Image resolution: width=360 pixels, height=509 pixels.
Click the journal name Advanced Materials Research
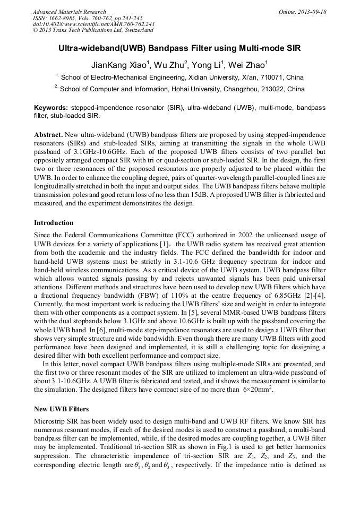[69, 12]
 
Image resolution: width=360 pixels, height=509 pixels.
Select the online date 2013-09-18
[311, 12]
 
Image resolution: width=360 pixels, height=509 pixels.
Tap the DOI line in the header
[93, 24]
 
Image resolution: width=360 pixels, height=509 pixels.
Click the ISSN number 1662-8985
[66, 18]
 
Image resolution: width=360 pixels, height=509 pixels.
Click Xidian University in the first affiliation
[224, 77]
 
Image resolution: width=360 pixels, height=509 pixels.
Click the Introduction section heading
[54, 222]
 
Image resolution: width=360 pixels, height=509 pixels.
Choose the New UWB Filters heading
[61, 409]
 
